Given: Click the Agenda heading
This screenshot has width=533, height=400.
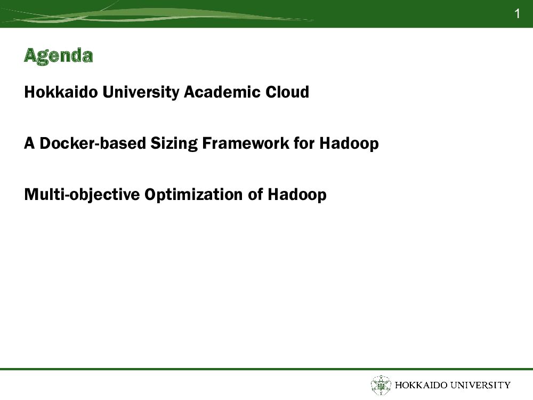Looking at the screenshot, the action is [x=59, y=56].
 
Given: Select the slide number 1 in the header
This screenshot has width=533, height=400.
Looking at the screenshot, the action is [x=517, y=14].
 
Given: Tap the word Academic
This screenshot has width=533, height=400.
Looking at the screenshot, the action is [x=222, y=92].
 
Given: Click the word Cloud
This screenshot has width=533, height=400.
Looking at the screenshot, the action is [x=287, y=92].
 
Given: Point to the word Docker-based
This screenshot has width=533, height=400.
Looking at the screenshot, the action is [x=93, y=143].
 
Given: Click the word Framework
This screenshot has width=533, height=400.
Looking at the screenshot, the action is [x=246, y=143].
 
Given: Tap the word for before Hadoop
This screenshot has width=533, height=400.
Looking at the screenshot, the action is [x=304, y=143].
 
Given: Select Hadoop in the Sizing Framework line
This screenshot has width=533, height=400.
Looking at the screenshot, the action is [x=349, y=143].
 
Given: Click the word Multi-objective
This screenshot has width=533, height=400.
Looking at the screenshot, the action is [x=82, y=195].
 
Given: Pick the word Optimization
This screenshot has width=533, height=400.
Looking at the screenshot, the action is [x=194, y=195].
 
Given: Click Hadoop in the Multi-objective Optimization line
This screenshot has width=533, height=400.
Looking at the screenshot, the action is [x=297, y=195].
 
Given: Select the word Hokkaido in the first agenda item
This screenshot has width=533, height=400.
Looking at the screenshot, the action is [x=61, y=92].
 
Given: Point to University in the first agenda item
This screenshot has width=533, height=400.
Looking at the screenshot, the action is [x=141, y=92].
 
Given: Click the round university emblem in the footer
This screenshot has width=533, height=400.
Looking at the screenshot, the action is [x=381, y=386].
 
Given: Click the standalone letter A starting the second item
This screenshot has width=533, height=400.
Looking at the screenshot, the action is [x=29, y=143].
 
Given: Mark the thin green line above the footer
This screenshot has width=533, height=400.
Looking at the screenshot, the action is [x=266, y=369].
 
